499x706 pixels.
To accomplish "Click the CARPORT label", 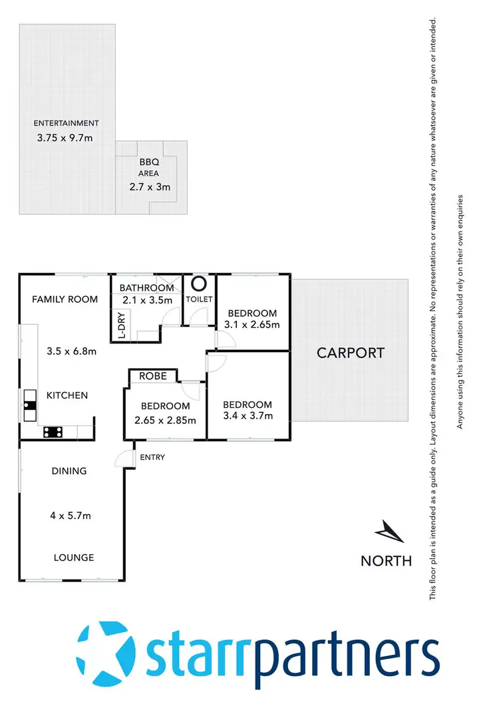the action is point(350,353).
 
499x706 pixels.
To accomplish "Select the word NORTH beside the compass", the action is point(386,560).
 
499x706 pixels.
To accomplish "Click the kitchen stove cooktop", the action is point(53,431).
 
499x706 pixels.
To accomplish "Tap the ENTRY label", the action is point(152,457).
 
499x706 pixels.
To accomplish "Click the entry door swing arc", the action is point(122,458).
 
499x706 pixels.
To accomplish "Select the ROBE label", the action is point(152,377).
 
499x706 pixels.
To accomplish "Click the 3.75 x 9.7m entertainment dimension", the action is point(67,139).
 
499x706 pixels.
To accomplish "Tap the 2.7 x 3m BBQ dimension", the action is point(150,187).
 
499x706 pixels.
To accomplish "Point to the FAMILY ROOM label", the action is point(65,299).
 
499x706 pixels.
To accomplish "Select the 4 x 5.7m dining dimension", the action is point(69,515).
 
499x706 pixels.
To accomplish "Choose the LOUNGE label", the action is point(74,558).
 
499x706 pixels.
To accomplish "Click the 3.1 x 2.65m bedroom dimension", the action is point(253,325).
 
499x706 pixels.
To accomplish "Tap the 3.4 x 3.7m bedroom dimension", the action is point(248,416).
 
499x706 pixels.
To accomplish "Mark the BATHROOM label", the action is point(147,287).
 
